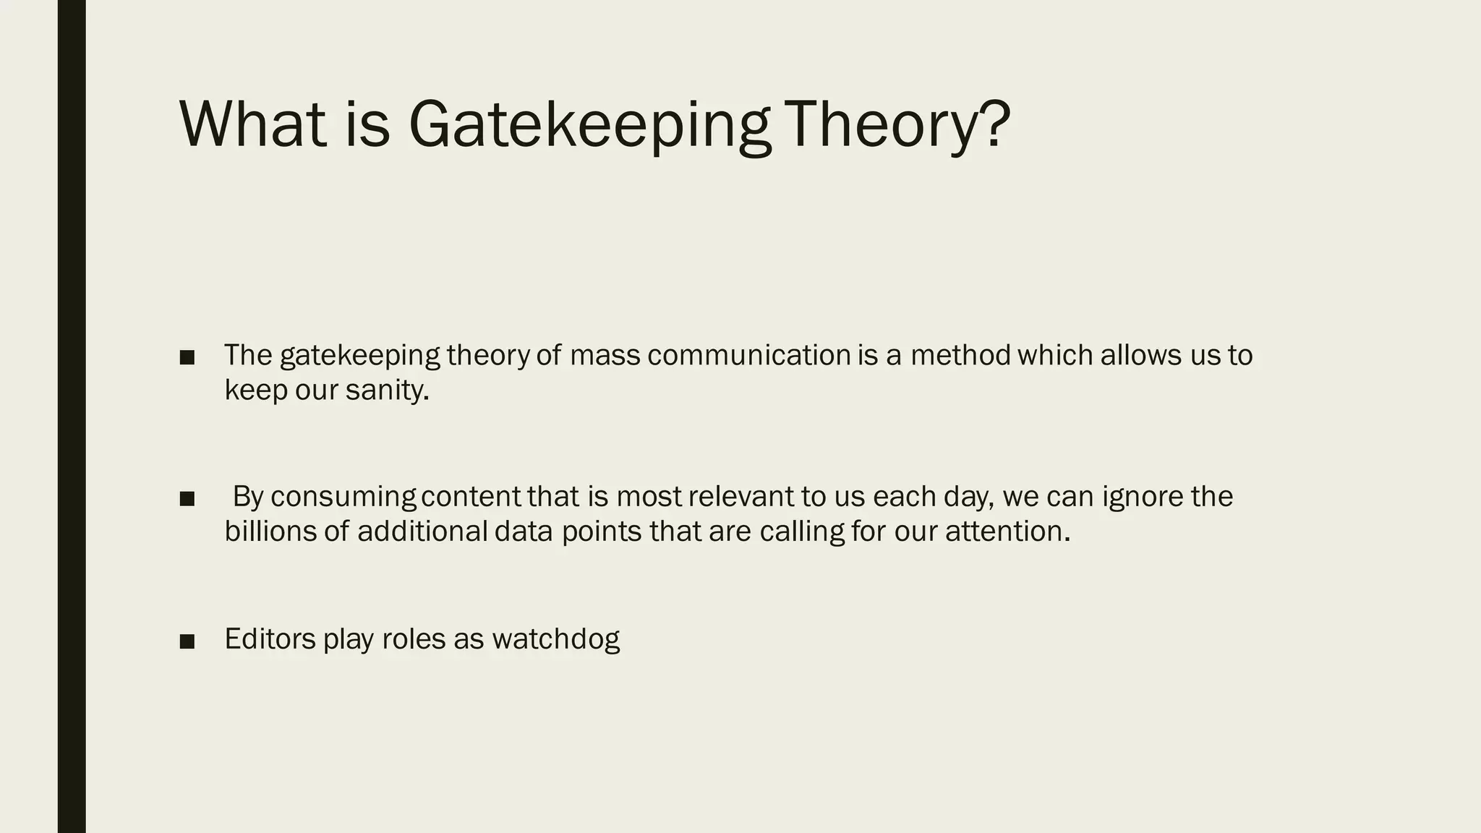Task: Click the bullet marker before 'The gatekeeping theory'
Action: coord(187,357)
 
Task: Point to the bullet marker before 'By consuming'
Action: coord(187,498)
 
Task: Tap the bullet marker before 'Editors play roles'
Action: coord(187,641)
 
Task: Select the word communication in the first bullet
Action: coord(748,355)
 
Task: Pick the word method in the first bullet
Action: coord(960,355)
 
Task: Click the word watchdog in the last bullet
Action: coord(555,639)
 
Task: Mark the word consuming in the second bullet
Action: coord(343,497)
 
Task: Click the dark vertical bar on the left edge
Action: coord(72,416)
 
